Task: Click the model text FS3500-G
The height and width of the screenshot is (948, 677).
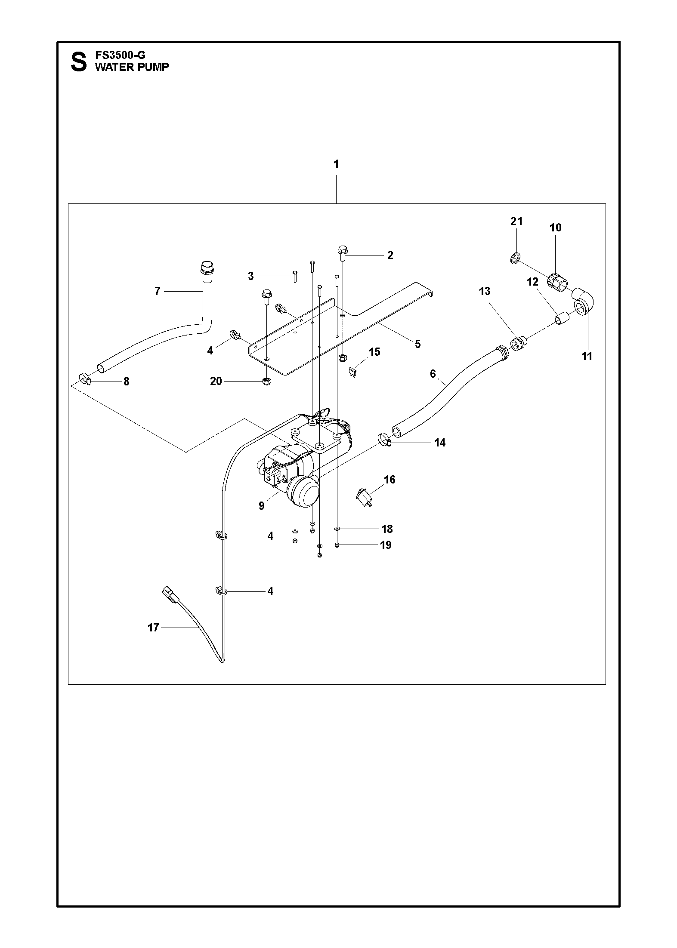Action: [120, 55]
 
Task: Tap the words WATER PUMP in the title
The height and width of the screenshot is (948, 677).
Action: [132, 67]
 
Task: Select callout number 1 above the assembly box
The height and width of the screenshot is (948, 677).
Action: [336, 164]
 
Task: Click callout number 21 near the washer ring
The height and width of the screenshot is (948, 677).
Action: [516, 222]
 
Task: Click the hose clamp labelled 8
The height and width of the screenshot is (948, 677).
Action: [85, 379]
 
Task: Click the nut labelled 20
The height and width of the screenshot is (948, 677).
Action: [266, 381]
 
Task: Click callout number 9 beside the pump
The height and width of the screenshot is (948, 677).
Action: [261, 506]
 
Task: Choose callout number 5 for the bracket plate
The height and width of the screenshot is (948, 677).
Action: [417, 344]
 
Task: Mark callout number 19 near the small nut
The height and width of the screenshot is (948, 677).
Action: [386, 545]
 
